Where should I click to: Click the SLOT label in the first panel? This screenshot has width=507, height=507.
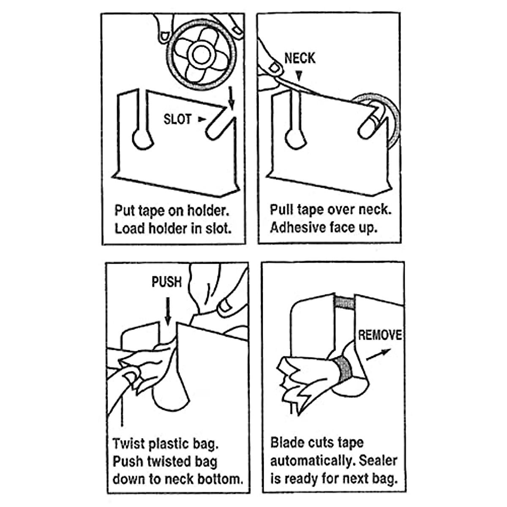click(x=177, y=120)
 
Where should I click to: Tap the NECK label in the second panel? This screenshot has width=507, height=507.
click(x=300, y=58)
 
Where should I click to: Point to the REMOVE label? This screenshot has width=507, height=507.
click(x=380, y=335)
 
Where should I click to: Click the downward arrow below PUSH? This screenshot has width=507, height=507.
click(x=168, y=312)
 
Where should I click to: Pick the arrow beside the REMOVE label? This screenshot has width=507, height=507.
click(x=379, y=354)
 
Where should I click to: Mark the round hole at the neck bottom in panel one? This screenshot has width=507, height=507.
click(x=142, y=139)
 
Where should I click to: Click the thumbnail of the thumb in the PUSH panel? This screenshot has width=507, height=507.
click(x=227, y=304)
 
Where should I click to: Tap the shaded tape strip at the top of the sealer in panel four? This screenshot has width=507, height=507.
click(x=344, y=302)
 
